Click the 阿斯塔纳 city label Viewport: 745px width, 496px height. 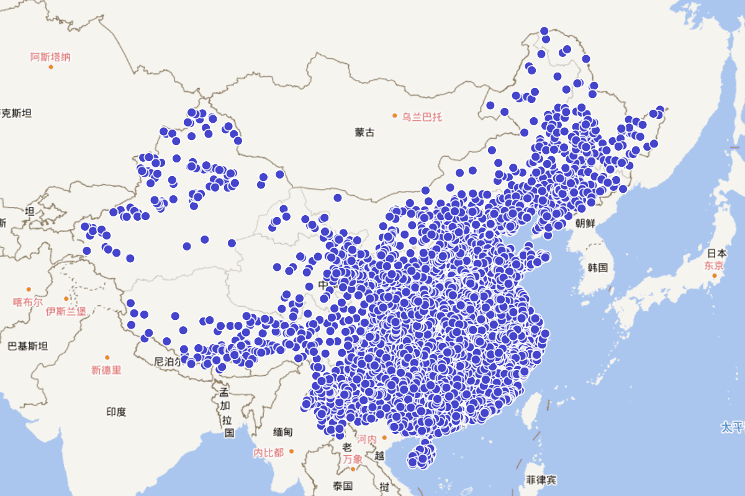50,57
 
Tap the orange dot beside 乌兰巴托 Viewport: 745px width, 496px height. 394,116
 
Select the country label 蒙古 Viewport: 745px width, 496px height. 364,132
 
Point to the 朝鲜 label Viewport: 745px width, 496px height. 585,223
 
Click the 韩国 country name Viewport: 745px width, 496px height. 597,268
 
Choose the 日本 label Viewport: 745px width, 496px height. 717,253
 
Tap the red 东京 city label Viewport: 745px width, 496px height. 714,265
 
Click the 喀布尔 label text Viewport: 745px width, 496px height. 28,302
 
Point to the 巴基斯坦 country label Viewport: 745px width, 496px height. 27,346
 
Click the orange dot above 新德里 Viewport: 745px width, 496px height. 107,358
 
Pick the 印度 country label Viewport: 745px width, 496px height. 116,412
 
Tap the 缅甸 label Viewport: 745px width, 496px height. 282,432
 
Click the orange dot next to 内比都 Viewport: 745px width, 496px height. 291,451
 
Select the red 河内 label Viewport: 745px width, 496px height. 367,439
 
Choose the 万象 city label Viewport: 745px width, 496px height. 352,459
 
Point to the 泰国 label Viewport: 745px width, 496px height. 342,486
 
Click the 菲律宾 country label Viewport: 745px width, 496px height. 541,480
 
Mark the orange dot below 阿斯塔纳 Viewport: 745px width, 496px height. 51,67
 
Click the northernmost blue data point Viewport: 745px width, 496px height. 544,31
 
